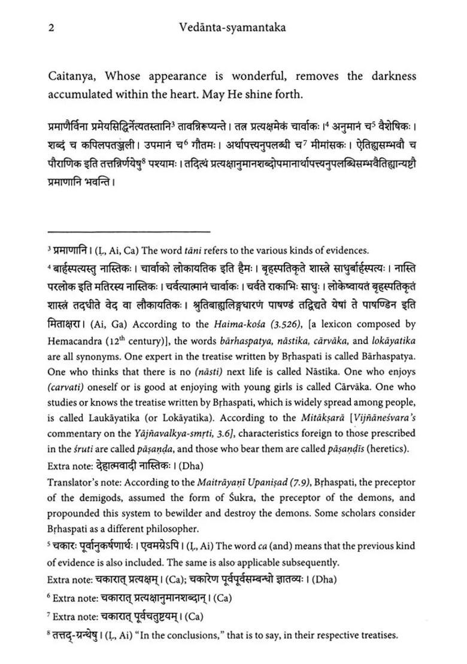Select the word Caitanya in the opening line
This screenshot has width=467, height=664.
click(x=71, y=76)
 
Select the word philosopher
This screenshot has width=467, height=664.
click(x=169, y=529)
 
